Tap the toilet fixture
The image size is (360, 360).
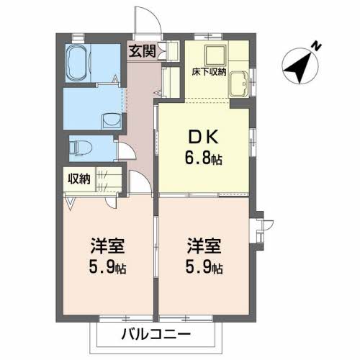tap(81, 148)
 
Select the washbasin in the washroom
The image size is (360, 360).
tap(112, 122)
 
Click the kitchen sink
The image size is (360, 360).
tap(238, 84)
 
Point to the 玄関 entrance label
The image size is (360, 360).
tap(143, 51)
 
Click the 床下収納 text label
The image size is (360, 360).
tap(209, 72)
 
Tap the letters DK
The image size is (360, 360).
tap(204, 137)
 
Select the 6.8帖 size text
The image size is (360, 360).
tap(204, 158)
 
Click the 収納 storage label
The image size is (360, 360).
tap(79, 179)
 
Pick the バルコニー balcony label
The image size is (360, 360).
tap(156, 334)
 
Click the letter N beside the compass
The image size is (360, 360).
tap(317, 46)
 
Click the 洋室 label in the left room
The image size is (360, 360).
tap(107, 246)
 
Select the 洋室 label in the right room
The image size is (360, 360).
tap(204, 246)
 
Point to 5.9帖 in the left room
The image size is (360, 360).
tap(107, 267)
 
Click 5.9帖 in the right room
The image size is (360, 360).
tap(204, 267)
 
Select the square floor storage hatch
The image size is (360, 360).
tap(215, 55)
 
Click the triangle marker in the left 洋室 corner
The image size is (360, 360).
tap(71, 204)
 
